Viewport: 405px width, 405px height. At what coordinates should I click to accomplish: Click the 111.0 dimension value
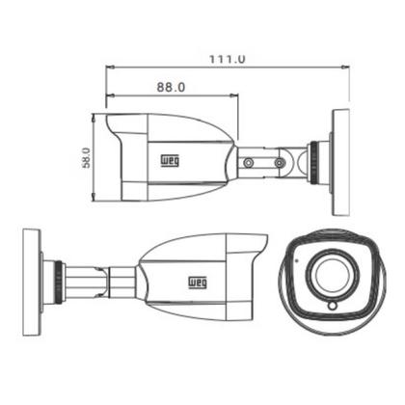[x=228, y=59]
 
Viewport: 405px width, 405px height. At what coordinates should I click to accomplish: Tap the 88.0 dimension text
[x=170, y=87]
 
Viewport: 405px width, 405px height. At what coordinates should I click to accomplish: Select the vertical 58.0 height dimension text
[x=85, y=157]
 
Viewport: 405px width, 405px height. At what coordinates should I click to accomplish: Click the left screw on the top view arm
[x=248, y=162]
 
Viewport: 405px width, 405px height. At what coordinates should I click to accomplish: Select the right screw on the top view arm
[x=280, y=162]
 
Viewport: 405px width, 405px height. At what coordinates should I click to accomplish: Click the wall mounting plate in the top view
[x=339, y=162]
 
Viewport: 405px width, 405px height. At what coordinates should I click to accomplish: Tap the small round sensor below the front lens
[x=331, y=306]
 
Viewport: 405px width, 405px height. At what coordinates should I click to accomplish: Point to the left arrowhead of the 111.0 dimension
[x=108, y=67]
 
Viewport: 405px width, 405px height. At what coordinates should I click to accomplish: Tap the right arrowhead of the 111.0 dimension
[x=345, y=67]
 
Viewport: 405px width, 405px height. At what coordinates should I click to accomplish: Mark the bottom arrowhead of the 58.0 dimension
[x=94, y=199]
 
